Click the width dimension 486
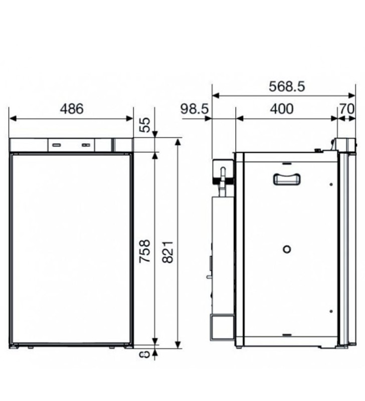tap(71, 109)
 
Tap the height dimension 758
tap(144, 250)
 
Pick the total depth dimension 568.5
tap(286, 86)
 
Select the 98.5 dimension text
tap(195, 109)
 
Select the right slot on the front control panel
tap(87, 145)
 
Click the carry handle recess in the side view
tap(287, 179)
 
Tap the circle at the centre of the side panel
tap(287, 249)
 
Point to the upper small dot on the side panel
tap(331, 184)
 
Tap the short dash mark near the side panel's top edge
tap(287, 163)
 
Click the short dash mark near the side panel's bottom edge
tap(287, 334)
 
